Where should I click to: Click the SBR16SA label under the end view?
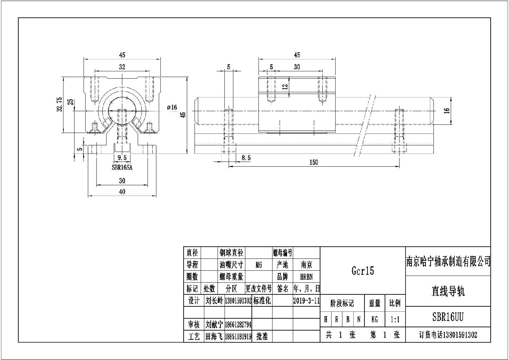[122, 167]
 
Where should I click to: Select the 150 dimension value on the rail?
[314, 162]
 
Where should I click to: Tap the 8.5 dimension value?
[246, 158]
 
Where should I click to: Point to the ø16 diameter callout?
[172, 107]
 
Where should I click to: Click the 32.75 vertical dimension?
[60, 104]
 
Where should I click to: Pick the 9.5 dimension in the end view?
[122, 158]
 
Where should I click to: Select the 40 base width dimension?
[122, 192]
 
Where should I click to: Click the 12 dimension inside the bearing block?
[285, 87]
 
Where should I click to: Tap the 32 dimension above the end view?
[122, 67]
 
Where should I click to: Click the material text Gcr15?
[362, 271]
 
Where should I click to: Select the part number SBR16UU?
[448, 317]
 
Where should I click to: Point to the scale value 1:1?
[395, 320]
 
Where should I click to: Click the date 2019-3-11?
[306, 301]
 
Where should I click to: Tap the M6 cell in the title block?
[259, 265]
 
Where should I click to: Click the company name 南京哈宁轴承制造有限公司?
[448, 262]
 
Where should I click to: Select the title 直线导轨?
[448, 291]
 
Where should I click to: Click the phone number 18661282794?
[238, 325]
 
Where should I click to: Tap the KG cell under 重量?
[375, 320]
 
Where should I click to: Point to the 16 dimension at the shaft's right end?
[447, 110]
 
